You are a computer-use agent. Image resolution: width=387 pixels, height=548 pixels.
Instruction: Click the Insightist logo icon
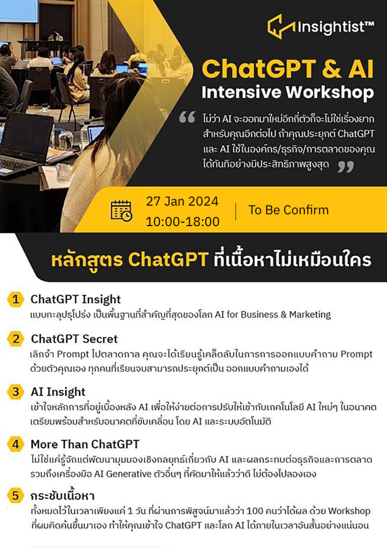(281, 26)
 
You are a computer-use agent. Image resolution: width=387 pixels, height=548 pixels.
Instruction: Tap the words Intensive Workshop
(287, 92)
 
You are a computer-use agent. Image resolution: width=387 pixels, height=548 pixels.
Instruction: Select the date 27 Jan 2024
(182, 201)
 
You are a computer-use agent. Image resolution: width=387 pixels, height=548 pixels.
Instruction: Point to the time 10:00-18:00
(182, 222)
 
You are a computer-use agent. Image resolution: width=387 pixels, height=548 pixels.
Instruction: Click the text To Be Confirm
(288, 210)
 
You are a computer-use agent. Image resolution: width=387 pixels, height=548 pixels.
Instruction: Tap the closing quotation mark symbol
(345, 167)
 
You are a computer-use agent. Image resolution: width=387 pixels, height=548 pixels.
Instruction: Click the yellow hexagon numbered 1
(16, 300)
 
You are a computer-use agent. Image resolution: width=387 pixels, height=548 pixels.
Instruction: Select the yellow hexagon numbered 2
(16, 339)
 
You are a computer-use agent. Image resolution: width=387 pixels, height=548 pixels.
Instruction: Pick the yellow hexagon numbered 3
(16, 392)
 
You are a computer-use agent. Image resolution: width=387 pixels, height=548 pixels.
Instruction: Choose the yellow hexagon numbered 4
(16, 444)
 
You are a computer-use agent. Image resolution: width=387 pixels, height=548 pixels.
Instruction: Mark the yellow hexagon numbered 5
(16, 496)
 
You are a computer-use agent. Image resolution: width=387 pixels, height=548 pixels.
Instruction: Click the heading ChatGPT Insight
(75, 299)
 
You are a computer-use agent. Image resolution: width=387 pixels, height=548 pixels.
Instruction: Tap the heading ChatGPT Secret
(74, 338)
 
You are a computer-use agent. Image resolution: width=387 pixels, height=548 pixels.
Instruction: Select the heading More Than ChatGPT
(85, 444)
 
